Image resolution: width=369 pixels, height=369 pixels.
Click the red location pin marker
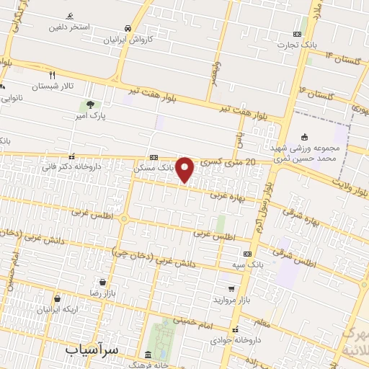tap(185, 170)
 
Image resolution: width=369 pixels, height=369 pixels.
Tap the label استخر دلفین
tap(69, 27)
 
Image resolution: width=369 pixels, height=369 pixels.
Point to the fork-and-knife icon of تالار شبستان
tap(52, 74)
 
